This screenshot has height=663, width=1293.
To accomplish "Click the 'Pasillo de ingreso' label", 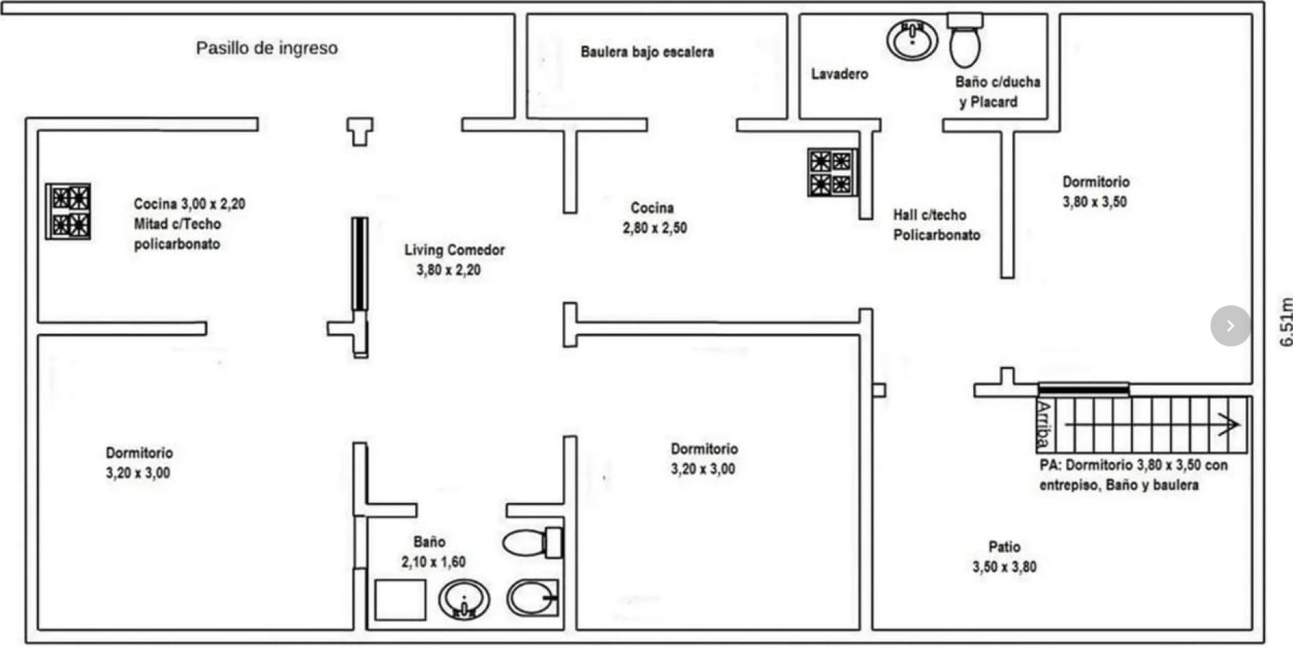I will click(266, 48).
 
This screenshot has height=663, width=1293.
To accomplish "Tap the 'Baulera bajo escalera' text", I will click(647, 52).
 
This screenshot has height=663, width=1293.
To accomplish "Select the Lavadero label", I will click(839, 74).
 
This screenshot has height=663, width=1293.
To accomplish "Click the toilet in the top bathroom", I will click(965, 40).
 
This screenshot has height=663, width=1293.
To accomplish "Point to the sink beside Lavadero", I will click(912, 39).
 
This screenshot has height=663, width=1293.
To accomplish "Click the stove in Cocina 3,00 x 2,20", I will click(68, 211).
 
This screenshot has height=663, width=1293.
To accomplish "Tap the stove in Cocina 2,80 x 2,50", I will click(831, 172).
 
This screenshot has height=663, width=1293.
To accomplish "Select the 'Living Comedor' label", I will click(454, 250).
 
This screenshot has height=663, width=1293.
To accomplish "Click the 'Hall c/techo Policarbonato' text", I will click(936, 225).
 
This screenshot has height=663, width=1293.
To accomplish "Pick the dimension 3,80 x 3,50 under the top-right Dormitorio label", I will click(1095, 202).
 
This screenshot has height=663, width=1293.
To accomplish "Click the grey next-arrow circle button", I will click(1230, 325).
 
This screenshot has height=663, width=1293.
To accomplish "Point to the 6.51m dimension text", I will click(1285, 322).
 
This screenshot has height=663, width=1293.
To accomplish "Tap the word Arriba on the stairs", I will click(1044, 424).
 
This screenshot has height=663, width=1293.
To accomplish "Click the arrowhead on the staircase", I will click(1229, 424).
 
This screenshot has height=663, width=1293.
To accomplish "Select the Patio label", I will click(1004, 547).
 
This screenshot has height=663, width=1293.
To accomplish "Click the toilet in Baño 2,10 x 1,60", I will click(532, 542).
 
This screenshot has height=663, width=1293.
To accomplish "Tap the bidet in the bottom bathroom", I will click(533, 597).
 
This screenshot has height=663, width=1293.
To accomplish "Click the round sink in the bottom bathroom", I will click(463, 599).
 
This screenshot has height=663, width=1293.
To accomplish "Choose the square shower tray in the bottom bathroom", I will click(400, 599).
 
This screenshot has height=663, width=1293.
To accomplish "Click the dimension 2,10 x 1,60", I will click(433, 563).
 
